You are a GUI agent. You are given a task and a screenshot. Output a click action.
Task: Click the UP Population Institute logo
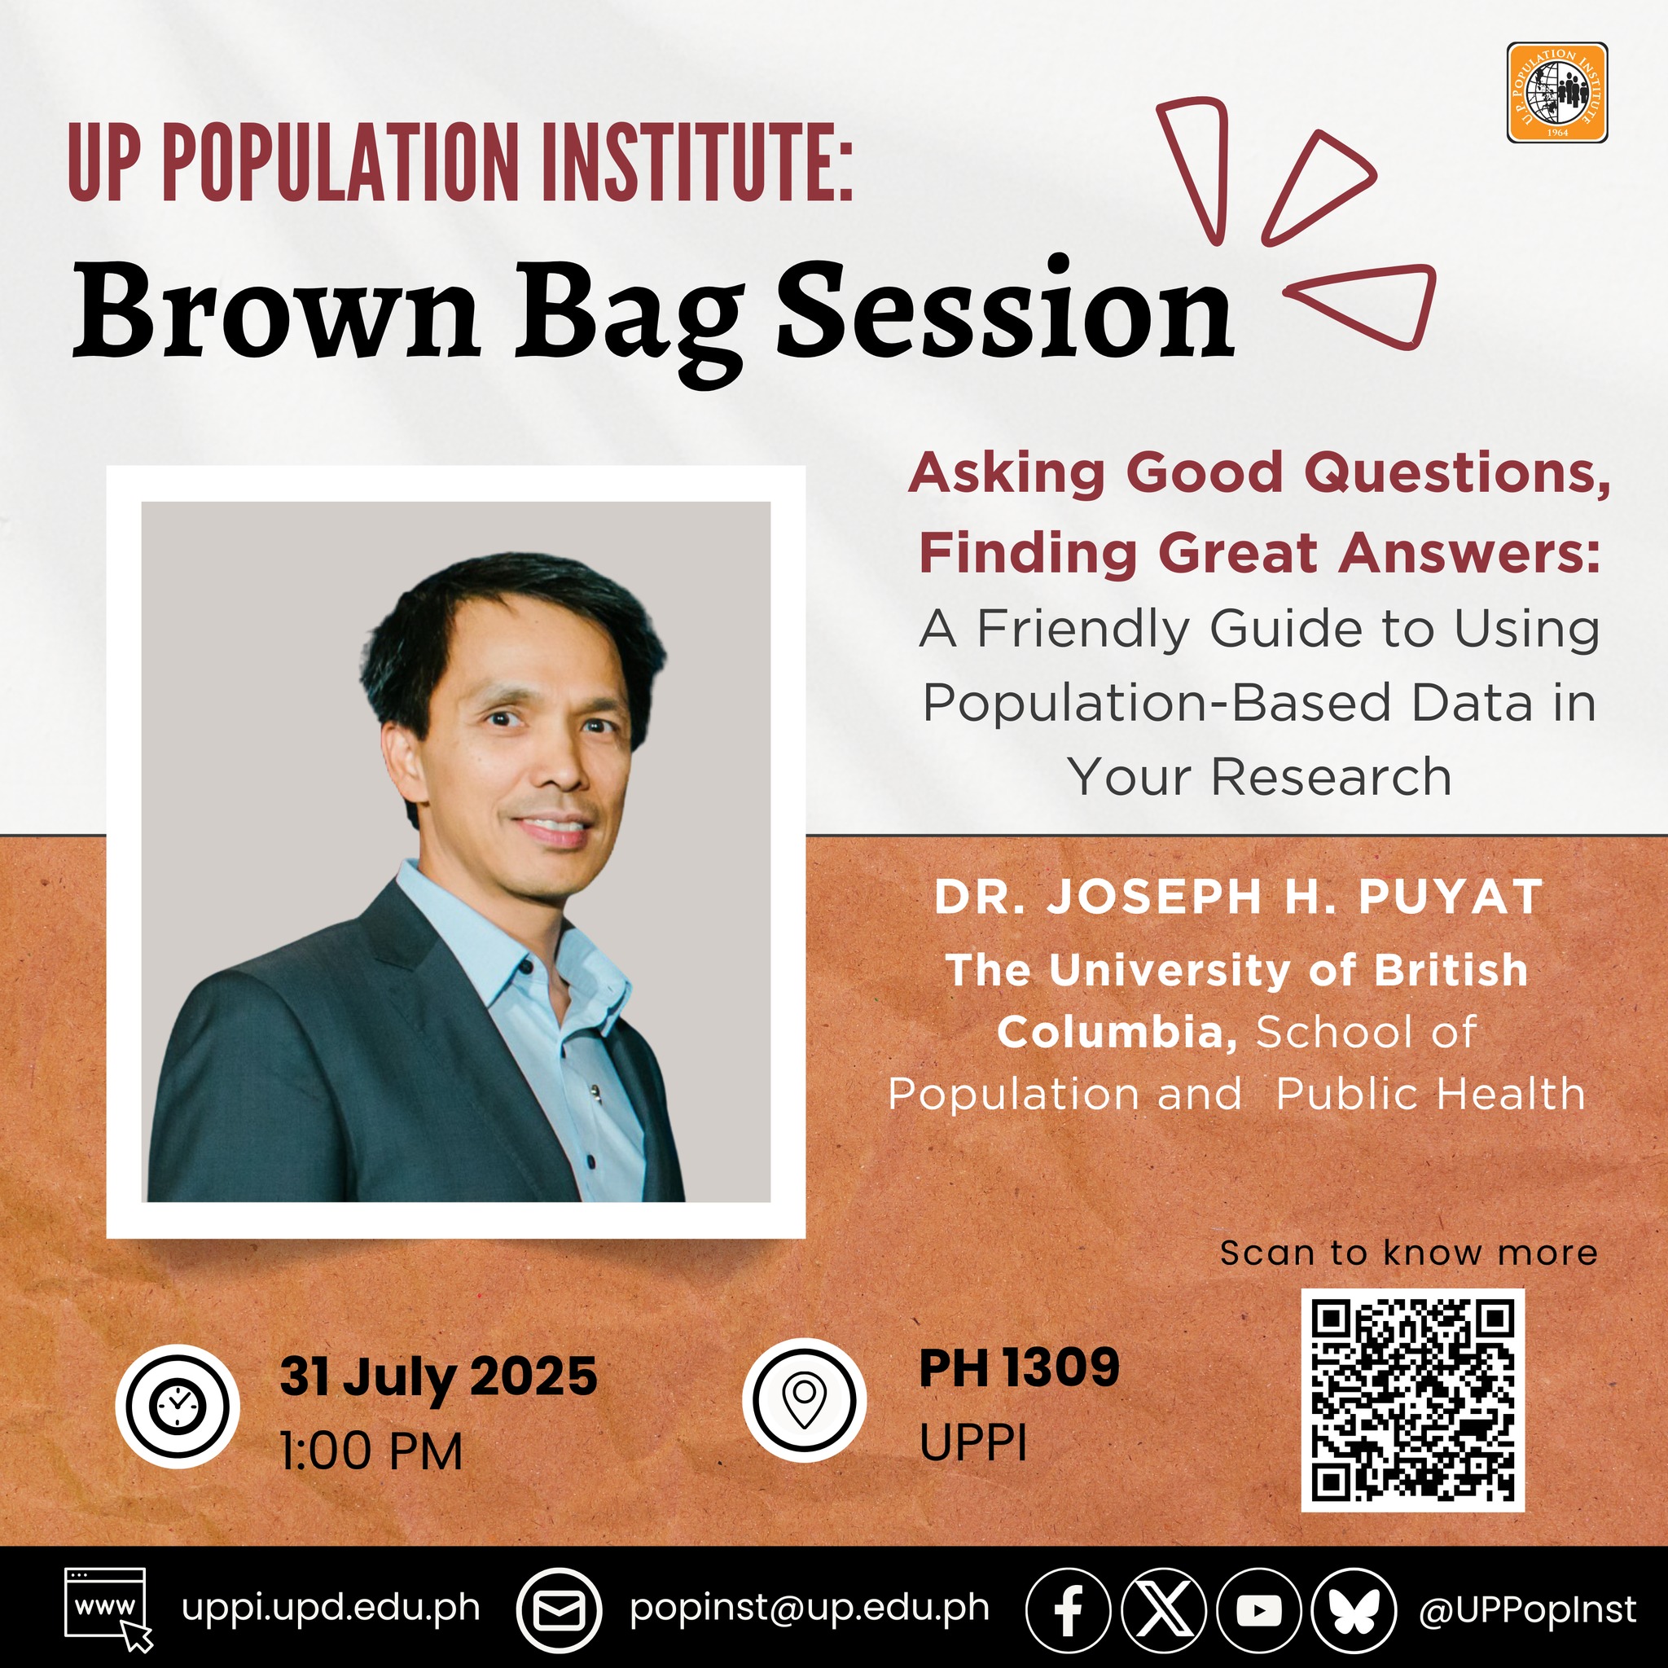click(x=1556, y=92)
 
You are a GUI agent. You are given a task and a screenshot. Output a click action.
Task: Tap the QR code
click(x=1412, y=1400)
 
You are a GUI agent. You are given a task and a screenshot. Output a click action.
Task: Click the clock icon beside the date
click(x=177, y=1407)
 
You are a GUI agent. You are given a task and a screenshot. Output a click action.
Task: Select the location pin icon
click(x=804, y=1399)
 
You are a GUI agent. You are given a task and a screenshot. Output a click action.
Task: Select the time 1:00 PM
click(x=371, y=1451)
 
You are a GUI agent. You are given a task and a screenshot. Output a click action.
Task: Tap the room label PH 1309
click(x=1020, y=1367)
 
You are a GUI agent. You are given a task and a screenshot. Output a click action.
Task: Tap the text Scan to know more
click(x=1409, y=1253)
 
